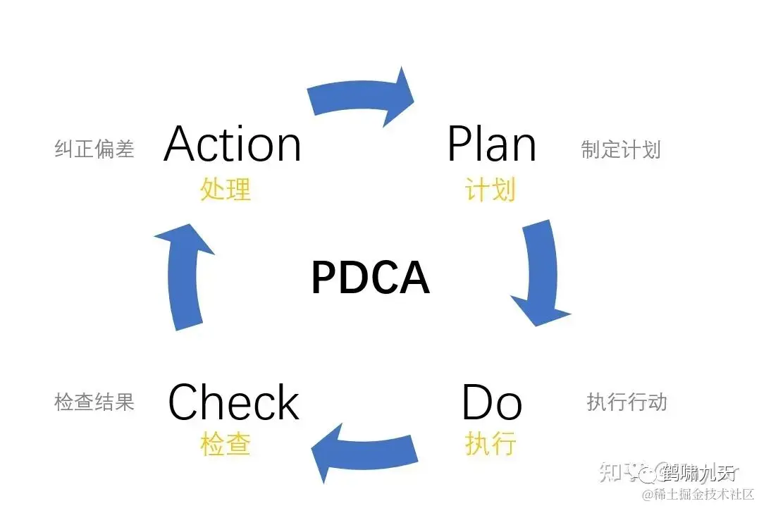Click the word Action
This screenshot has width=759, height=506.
233,144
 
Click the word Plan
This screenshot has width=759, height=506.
491,144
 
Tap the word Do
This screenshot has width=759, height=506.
491,403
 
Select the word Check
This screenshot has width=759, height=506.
233,402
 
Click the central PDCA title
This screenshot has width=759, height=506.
370,278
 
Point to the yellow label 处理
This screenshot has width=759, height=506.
226,189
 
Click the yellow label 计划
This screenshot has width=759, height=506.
490,189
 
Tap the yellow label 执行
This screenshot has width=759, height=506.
490,444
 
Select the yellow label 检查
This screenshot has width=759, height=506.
226,444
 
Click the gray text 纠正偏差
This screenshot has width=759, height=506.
94,149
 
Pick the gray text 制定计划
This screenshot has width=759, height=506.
620,149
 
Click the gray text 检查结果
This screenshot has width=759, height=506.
94,402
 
